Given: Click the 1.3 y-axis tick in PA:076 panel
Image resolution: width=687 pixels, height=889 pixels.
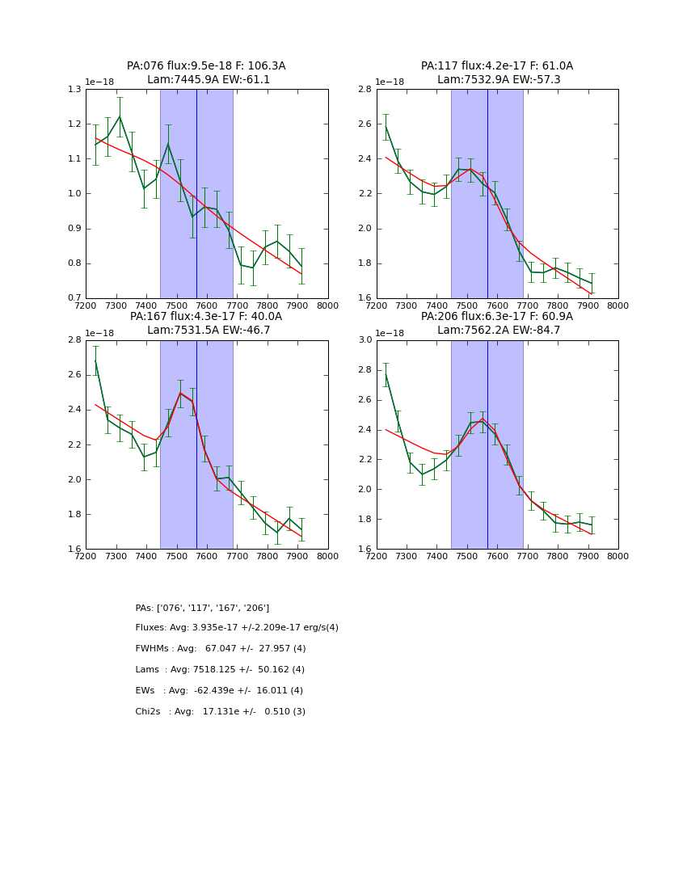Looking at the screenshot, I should coord(74,89).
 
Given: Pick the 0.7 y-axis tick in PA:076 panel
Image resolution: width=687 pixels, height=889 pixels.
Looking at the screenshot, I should coord(74,298).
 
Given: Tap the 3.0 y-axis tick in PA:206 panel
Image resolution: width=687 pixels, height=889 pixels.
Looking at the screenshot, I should coord(365,340).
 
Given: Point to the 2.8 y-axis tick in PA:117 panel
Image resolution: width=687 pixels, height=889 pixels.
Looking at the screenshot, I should coord(365,89).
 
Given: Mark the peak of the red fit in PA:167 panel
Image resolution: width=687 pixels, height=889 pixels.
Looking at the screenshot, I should coord(180,393).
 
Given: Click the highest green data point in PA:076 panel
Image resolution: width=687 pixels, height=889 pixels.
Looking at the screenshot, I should coord(120,116).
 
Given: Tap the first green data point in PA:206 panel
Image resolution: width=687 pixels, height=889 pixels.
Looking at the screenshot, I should coord(386,374).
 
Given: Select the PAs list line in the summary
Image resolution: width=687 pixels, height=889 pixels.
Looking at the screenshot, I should coord(202,608).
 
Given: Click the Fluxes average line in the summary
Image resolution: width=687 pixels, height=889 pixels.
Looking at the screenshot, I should coord(237,628).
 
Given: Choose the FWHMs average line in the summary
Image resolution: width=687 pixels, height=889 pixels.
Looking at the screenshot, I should coord(221,649).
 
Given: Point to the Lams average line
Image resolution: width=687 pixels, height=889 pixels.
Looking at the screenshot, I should coord(220,670).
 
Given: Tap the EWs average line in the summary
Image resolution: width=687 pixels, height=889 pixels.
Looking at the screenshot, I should coord(219,691).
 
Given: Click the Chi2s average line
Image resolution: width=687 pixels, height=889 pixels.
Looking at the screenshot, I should coord(220,712).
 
